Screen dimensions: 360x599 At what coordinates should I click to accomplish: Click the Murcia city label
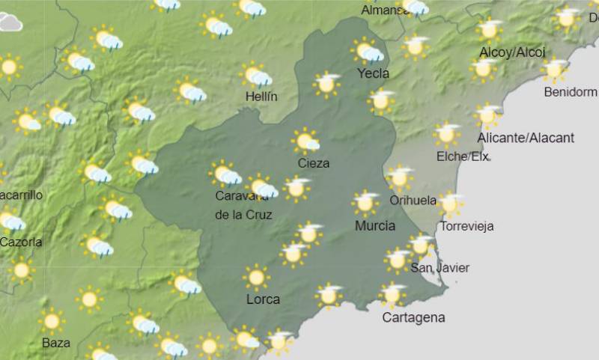[375, 226]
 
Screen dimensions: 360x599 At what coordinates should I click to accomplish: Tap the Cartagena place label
[413, 317]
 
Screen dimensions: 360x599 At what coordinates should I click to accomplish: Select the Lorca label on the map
[263, 299]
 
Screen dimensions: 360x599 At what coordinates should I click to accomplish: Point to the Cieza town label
[313, 163]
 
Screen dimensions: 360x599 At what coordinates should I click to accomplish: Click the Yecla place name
[373, 73]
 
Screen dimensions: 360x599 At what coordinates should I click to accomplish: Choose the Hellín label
[261, 97]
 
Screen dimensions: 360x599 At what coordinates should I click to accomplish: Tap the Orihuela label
[413, 201]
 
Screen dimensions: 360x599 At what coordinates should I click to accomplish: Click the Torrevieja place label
[467, 226]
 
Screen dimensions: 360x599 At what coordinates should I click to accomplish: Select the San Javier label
[440, 268]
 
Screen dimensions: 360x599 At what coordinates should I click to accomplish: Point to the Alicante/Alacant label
[526, 138]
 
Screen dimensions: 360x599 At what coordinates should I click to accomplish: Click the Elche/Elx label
[462, 156]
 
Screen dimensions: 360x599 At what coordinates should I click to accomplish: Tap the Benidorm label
[570, 92]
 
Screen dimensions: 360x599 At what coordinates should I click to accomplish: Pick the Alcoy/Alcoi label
[512, 52]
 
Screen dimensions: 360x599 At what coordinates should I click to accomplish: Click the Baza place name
[56, 343]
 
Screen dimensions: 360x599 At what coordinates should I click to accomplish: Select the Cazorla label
[21, 242]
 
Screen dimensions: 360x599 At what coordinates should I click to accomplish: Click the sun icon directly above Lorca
[256, 278]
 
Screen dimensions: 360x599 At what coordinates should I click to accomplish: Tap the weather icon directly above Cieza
[305, 141]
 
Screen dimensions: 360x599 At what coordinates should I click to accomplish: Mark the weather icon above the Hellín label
[257, 76]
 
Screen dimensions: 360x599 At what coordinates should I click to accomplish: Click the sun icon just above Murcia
[366, 203]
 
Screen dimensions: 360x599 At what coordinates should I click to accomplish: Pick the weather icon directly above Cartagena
[392, 295]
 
